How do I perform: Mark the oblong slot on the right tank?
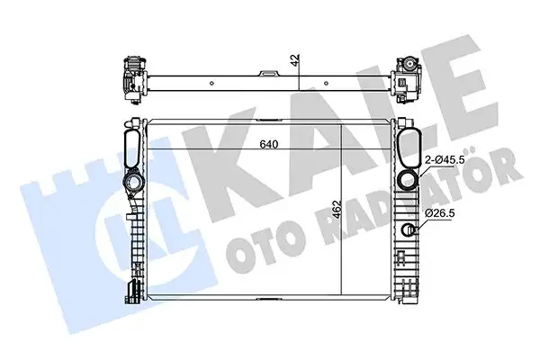(x=409, y=144)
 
